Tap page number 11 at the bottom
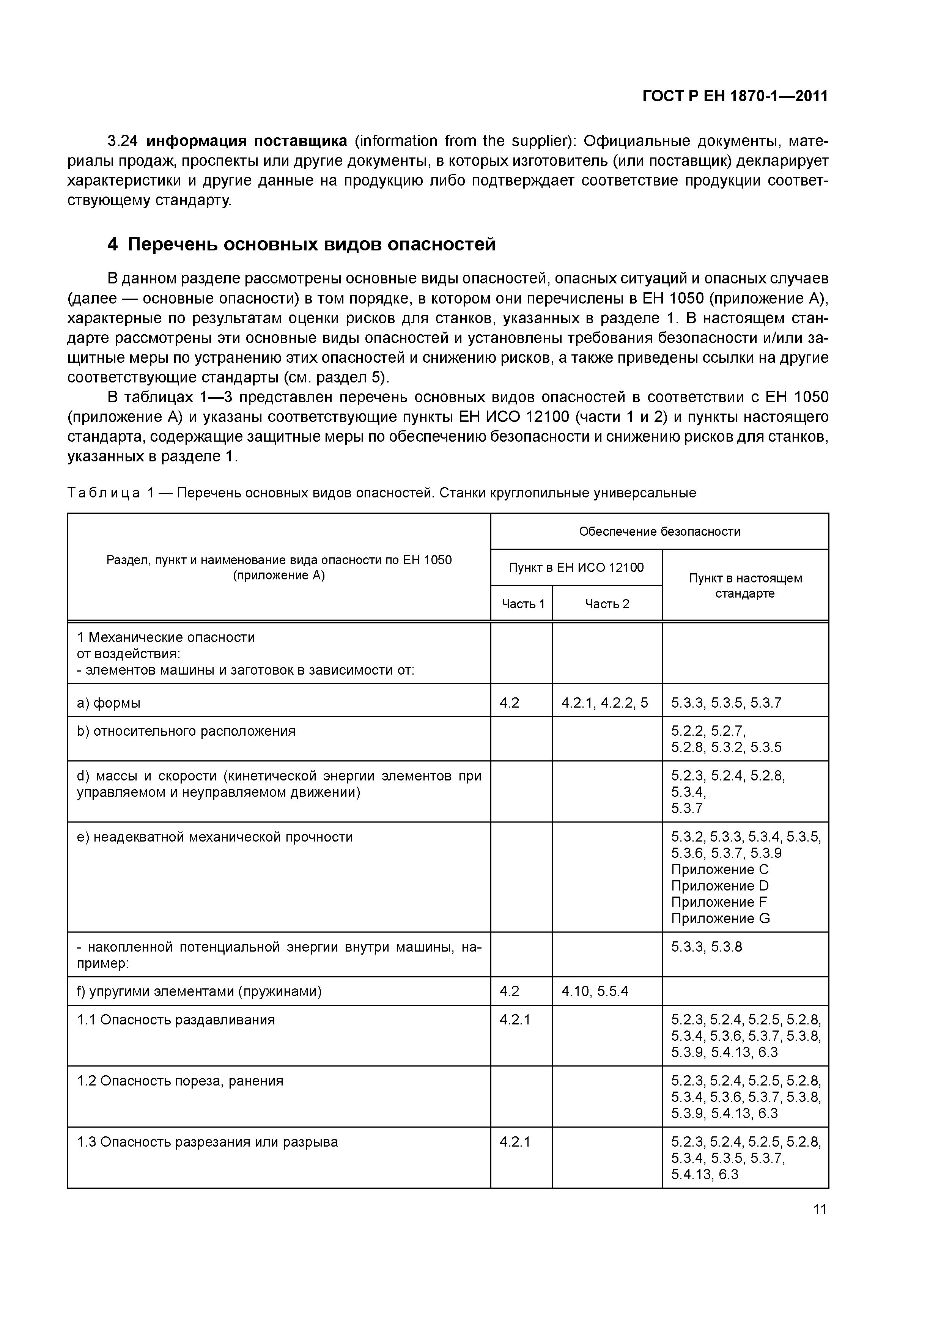pos(819,1209)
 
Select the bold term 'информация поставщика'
pos(246,141)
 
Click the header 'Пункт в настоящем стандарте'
pos(745,585)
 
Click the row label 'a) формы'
pos(109,703)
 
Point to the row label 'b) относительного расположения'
pos(186,731)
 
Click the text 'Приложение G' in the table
pos(720,918)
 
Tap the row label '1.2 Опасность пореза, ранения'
pos(180,1081)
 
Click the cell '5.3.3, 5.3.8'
pos(706,947)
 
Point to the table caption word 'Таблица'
pos(104,493)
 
